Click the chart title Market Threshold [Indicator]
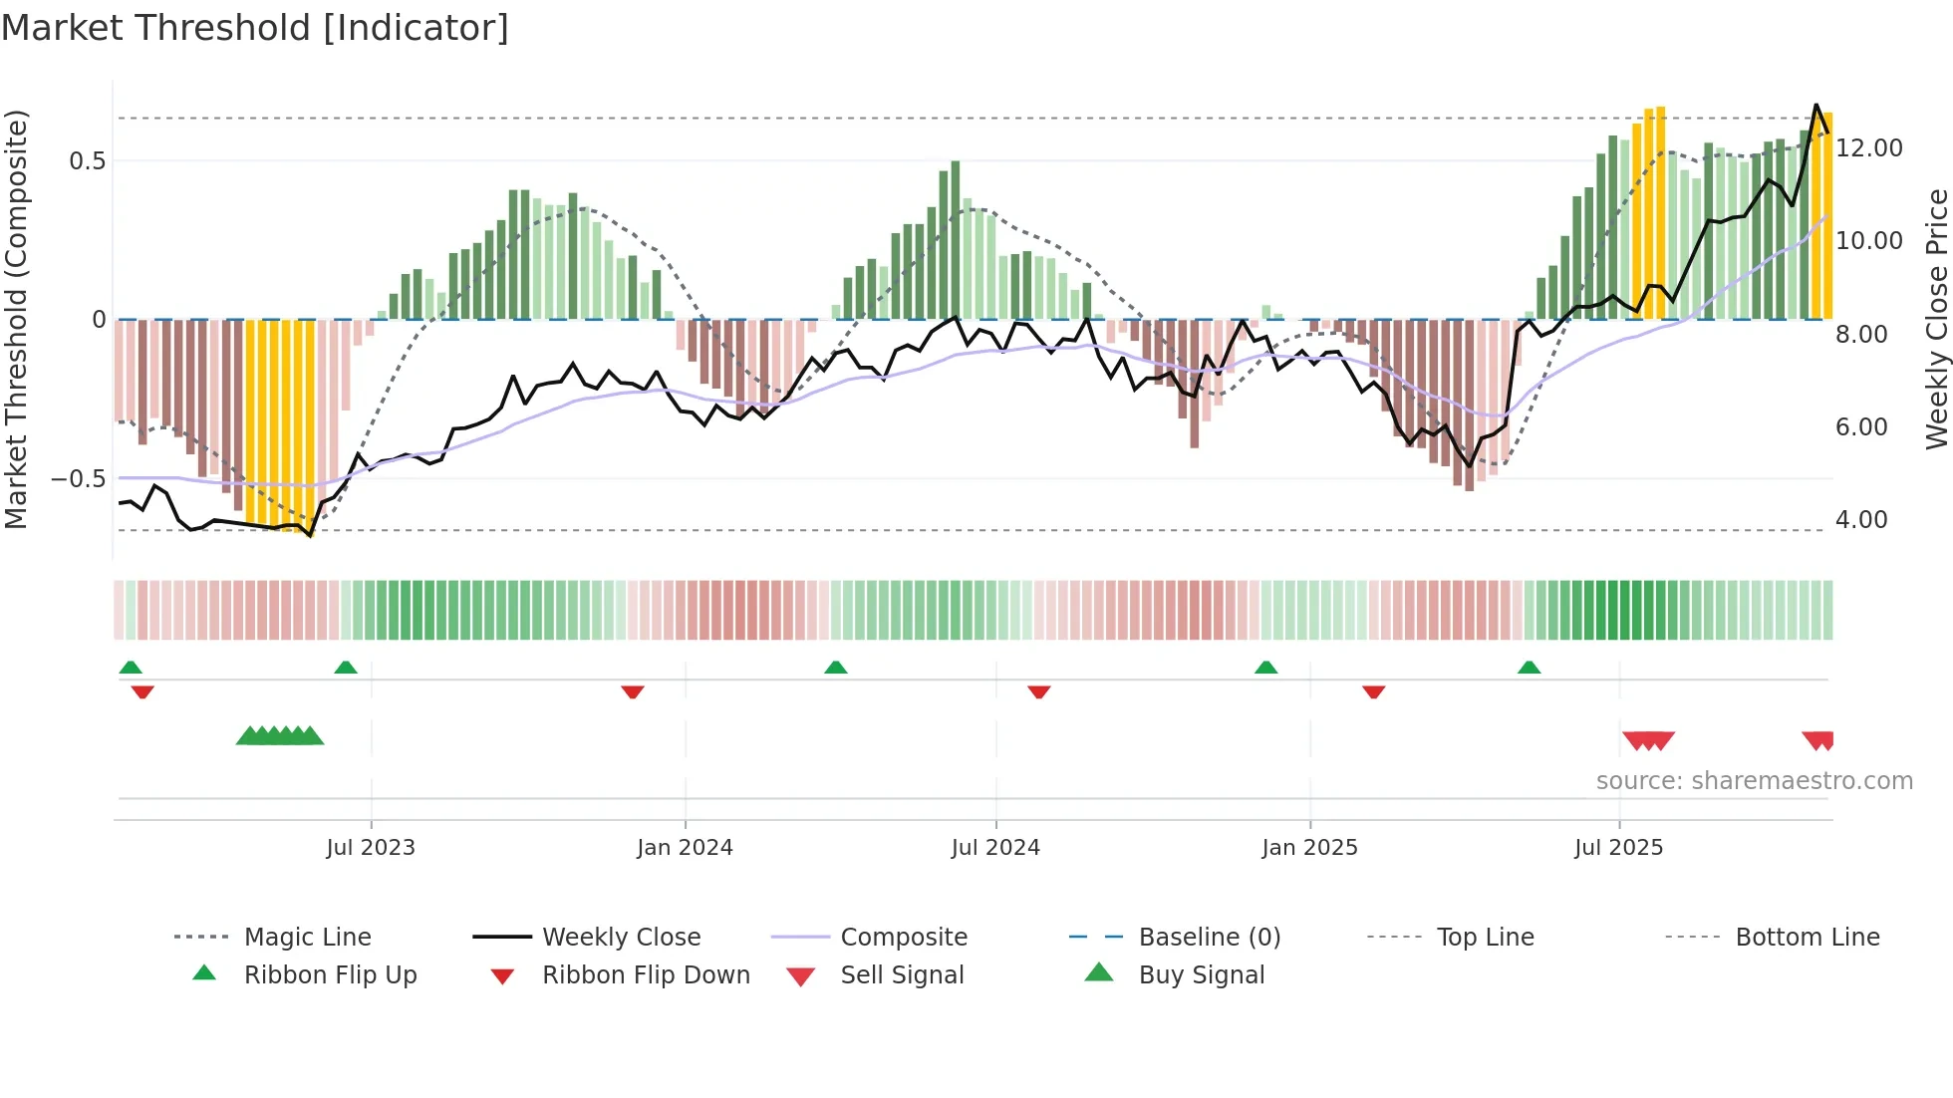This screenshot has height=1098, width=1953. (x=255, y=28)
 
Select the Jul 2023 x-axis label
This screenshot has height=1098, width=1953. (x=371, y=848)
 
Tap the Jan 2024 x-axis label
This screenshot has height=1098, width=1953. (x=686, y=848)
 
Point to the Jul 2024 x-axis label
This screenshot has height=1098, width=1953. (x=995, y=848)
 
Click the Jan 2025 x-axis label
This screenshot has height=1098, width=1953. (x=1309, y=848)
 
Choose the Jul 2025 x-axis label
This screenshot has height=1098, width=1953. (x=1619, y=848)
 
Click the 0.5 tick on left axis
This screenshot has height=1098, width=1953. (x=88, y=161)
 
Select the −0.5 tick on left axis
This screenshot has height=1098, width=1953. (x=79, y=479)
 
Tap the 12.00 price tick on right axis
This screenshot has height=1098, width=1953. (x=1869, y=148)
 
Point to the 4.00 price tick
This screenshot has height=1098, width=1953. (x=1861, y=520)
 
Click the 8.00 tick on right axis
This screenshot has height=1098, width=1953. (x=1861, y=335)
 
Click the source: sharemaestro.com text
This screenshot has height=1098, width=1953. (x=1754, y=781)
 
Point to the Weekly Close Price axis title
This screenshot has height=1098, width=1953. (x=1936, y=319)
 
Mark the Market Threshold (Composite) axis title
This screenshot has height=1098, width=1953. (x=16, y=319)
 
